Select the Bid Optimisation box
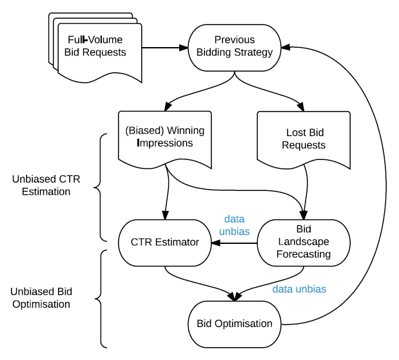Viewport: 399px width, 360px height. tap(235, 323)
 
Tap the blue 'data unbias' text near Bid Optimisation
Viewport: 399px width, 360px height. tap(299, 289)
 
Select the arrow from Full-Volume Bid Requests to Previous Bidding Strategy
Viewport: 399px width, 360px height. tap(164, 47)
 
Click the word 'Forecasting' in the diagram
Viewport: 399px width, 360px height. tap(304, 254)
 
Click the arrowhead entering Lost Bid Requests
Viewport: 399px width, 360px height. tap(302, 106)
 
